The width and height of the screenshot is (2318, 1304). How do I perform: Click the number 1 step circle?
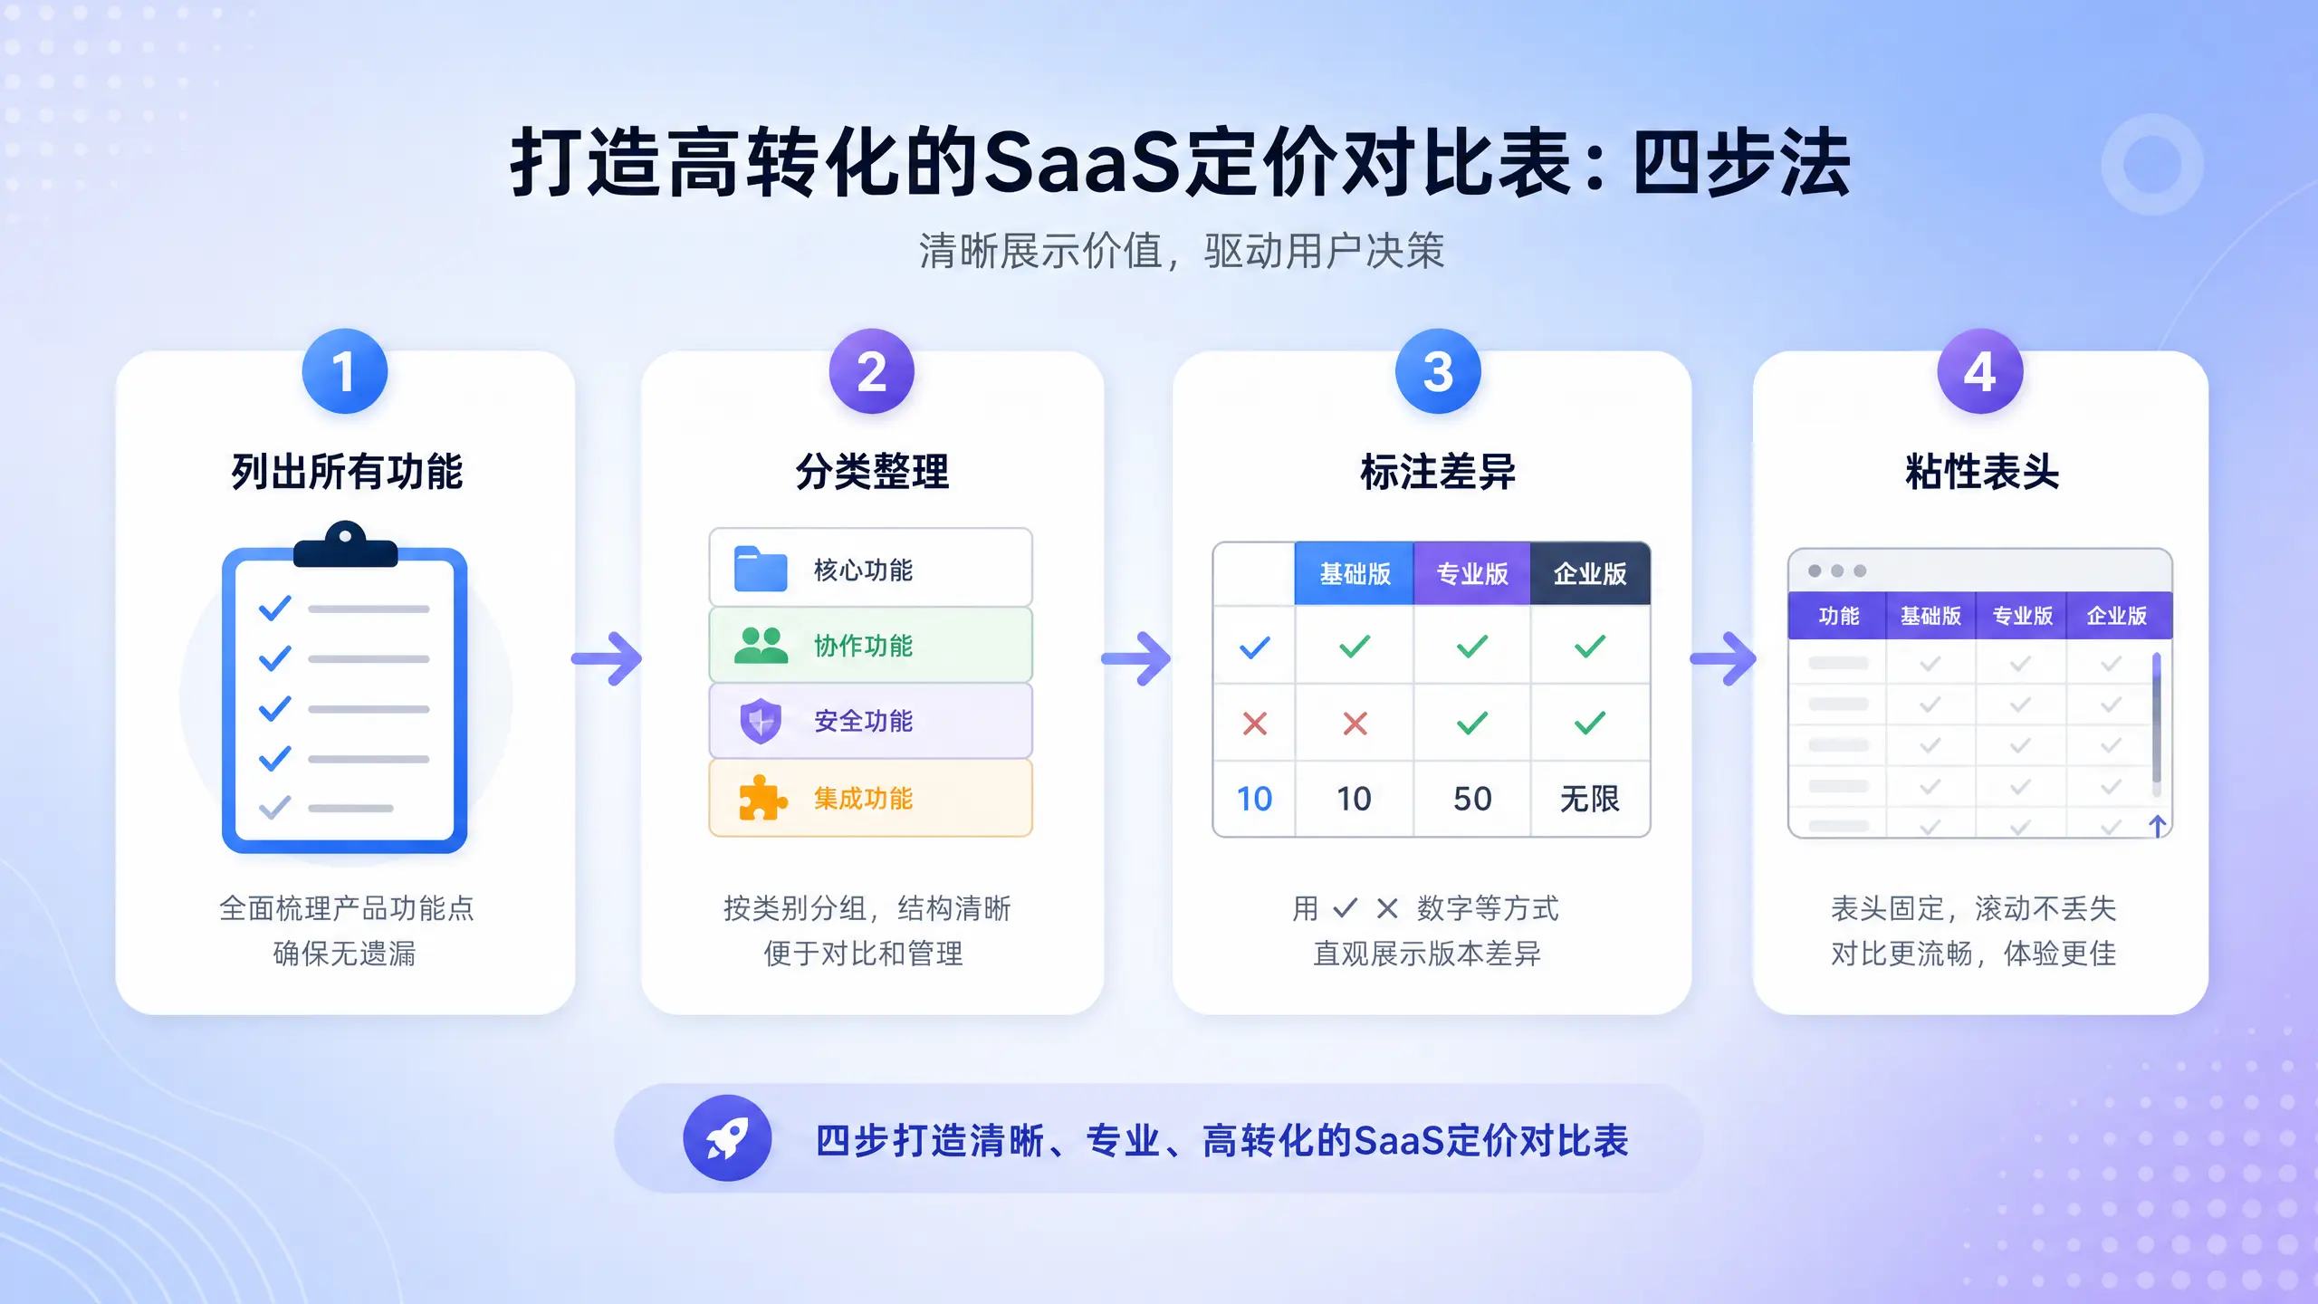click(x=344, y=371)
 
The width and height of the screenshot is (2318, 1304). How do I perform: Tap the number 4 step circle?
click(x=1980, y=371)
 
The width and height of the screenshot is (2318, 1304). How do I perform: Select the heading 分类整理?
click(x=872, y=472)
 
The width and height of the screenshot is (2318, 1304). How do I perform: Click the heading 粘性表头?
click(x=1982, y=472)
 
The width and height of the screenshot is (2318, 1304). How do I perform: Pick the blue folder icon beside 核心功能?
click(x=761, y=569)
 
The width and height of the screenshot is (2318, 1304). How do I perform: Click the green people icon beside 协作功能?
click(x=761, y=646)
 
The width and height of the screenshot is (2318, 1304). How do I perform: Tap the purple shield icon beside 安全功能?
click(x=761, y=722)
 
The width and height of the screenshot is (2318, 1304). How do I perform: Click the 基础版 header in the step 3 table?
click(x=1355, y=574)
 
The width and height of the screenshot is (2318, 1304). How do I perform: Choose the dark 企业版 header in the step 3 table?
click(x=1590, y=574)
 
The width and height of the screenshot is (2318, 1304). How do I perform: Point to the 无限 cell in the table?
click(x=1590, y=799)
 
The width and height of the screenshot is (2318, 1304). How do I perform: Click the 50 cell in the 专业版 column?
click(x=1472, y=799)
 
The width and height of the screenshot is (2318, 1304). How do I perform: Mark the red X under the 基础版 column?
click(x=1355, y=724)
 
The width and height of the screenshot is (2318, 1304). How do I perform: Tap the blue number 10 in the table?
click(x=1254, y=799)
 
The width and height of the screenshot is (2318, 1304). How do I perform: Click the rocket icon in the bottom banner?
click(x=727, y=1138)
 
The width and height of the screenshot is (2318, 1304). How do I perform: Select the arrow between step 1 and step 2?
click(x=607, y=658)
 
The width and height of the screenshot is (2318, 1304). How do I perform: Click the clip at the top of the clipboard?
click(x=345, y=544)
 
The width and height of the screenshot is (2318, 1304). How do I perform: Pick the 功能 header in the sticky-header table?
click(x=1838, y=616)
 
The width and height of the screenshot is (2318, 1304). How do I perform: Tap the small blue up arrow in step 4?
click(x=2158, y=826)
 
